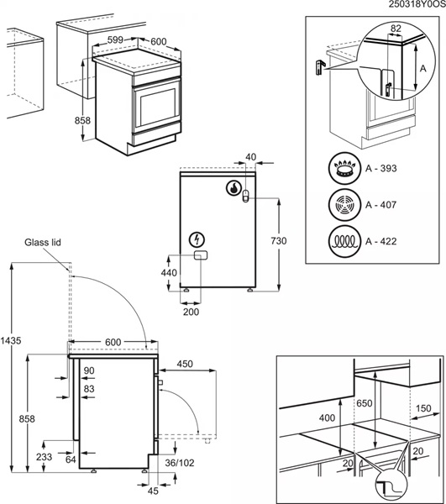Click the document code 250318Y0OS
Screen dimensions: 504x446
[417, 5]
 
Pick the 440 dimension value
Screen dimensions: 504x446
[170, 273]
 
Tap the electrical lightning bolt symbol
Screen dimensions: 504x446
[197, 239]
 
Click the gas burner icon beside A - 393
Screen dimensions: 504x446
[342, 169]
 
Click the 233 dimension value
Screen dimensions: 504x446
[44, 457]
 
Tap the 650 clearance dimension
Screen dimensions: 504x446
[364, 403]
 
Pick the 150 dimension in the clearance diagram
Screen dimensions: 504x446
[422, 409]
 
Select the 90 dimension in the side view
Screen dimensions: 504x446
[89, 370]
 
